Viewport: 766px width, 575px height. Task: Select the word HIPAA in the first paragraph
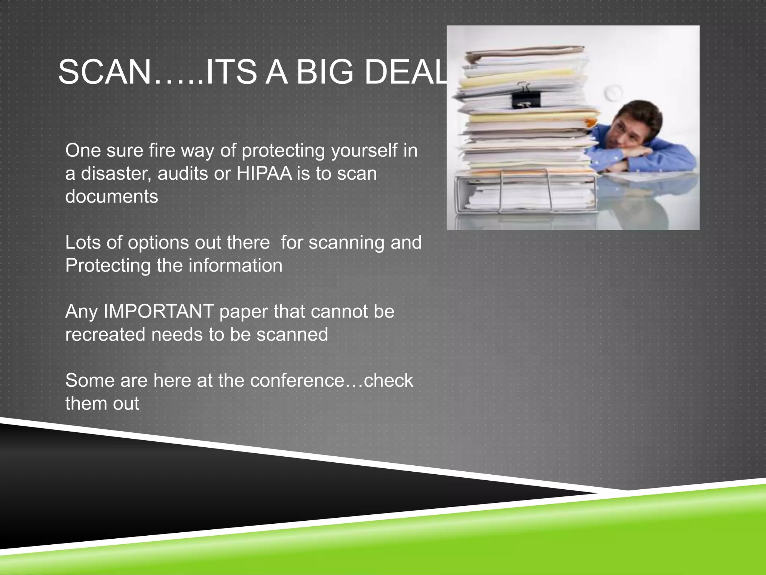coord(264,174)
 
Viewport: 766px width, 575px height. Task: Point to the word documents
coord(111,197)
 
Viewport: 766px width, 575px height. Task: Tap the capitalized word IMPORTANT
coord(159,311)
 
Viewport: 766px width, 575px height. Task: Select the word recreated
coord(105,334)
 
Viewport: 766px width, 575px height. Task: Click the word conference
coord(297,381)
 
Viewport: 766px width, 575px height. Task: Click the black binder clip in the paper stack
coord(526,98)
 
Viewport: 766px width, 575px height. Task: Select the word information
coord(235,266)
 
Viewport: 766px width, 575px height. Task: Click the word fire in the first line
coord(162,150)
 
